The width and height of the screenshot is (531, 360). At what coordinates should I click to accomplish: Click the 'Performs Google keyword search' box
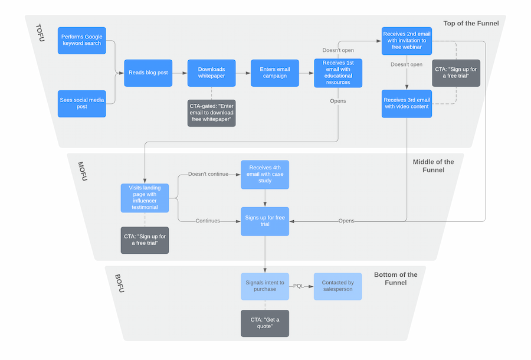[82, 40]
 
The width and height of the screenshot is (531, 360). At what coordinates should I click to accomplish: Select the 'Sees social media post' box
[82, 103]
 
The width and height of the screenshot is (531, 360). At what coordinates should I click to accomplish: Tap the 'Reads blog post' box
[148, 73]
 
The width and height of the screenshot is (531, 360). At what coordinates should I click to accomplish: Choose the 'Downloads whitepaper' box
[211, 73]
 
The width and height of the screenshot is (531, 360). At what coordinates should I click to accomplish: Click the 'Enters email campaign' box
[275, 73]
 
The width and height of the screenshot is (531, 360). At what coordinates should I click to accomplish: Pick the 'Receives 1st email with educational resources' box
[338, 73]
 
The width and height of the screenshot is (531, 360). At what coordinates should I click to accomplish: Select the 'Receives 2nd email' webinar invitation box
[407, 41]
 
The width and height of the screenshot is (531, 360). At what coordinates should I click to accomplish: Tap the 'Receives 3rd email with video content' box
[407, 103]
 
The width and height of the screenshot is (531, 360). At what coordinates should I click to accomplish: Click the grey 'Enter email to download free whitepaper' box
[211, 112]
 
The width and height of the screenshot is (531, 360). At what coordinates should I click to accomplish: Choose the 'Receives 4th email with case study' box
[265, 174]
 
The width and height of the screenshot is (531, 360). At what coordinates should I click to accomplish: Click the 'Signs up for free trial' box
[265, 221]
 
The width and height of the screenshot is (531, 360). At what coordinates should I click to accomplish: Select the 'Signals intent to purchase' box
[265, 286]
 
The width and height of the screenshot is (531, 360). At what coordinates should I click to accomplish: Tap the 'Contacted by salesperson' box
[337, 286]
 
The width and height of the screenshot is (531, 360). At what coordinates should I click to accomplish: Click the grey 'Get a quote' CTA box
[265, 323]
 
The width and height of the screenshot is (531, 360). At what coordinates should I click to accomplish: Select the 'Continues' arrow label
[207, 221]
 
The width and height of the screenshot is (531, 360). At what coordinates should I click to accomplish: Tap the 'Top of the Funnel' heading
[471, 24]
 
